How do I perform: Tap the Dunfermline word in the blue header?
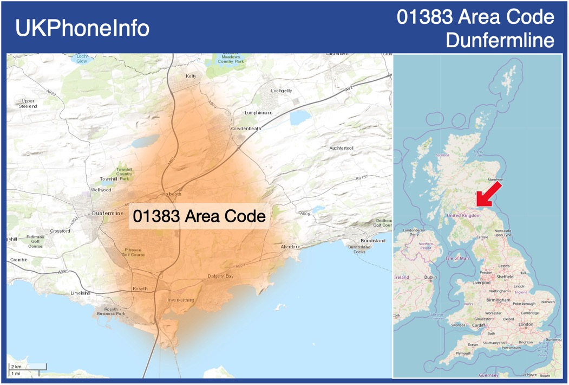click(x=500, y=40)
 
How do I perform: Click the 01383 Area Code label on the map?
click(x=199, y=216)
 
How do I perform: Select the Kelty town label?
click(x=191, y=76)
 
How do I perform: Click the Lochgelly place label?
click(x=282, y=91)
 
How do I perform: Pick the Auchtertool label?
click(x=341, y=148)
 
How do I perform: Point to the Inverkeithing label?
click(x=181, y=300)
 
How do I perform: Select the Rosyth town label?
click(x=140, y=289)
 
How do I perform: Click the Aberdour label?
click(x=290, y=247)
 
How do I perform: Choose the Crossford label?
click(x=60, y=231)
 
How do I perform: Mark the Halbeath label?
click(x=172, y=194)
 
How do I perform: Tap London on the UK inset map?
click(x=526, y=324)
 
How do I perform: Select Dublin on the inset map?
click(x=430, y=277)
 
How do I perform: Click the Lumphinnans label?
click(x=258, y=113)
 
